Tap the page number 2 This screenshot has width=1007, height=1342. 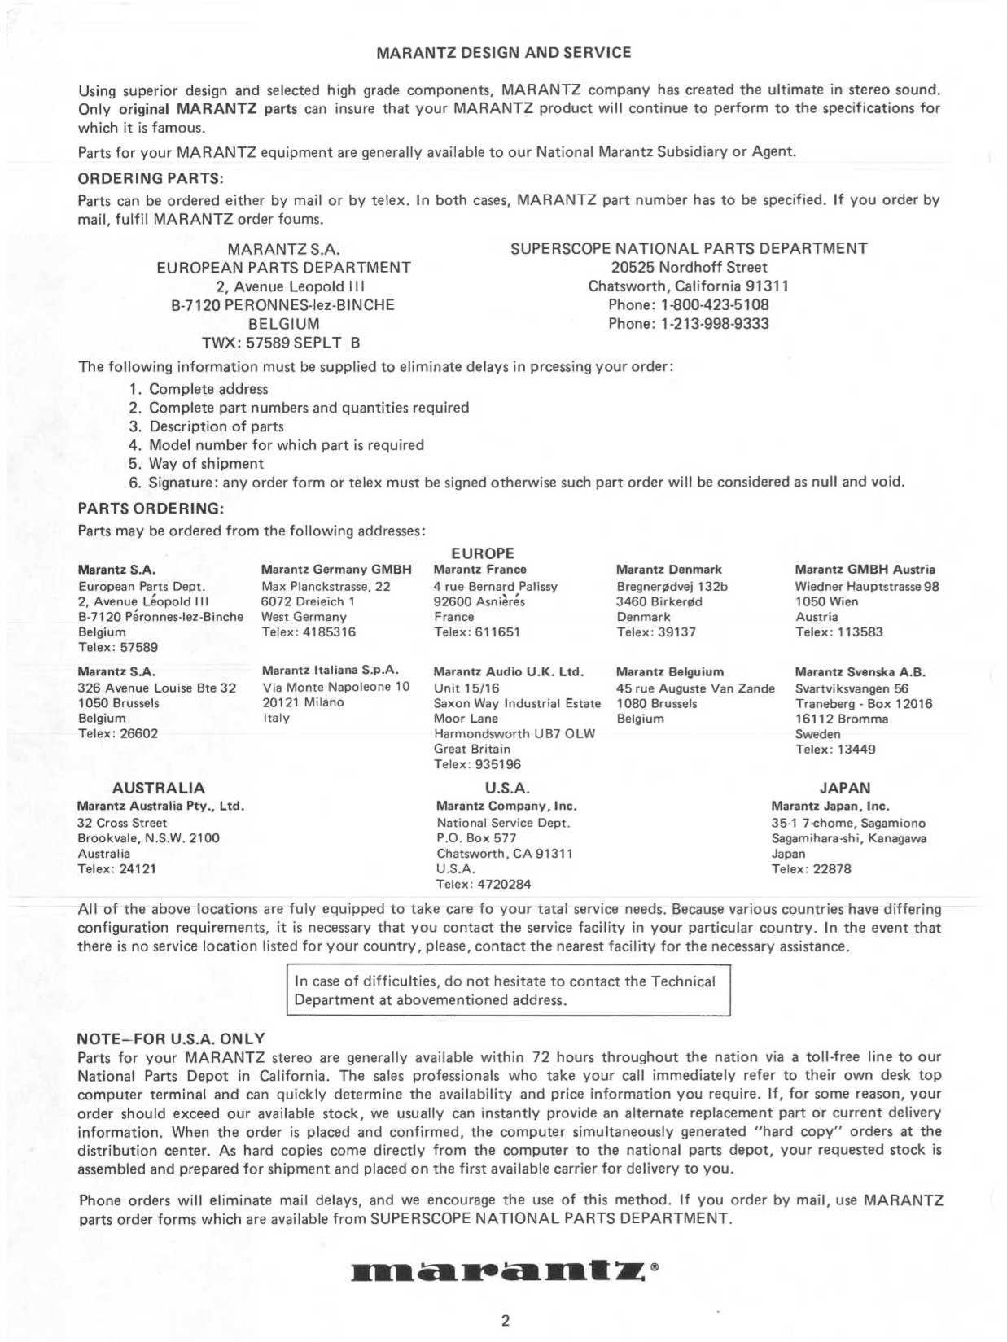click(x=505, y=1320)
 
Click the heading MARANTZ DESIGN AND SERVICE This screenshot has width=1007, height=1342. click(x=504, y=53)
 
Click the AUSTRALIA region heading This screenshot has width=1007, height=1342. click(x=158, y=788)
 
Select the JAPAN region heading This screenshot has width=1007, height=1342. click(x=844, y=788)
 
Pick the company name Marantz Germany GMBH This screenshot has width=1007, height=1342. click(x=336, y=570)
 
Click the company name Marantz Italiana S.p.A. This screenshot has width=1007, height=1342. click(x=330, y=671)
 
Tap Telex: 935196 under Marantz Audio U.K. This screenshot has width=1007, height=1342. click(x=477, y=764)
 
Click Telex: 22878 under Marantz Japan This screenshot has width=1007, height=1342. click(x=811, y=869)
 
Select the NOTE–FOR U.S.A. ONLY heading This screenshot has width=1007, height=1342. click(x=171, y=1038)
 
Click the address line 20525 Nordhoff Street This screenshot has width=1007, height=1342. click(x=689, y=268)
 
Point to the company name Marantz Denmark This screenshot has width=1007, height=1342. click(x=668, y=570)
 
